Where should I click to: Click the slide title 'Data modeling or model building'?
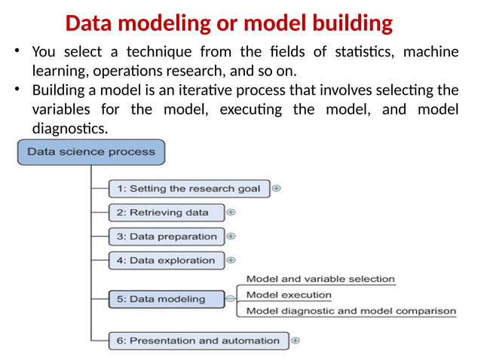[x=228, y=23]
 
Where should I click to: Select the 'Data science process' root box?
[x=90, y=151]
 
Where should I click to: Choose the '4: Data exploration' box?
[x=167, y=261]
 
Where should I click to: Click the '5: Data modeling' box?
[x=167, y=299]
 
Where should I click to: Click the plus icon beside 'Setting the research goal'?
[x=277, y=188]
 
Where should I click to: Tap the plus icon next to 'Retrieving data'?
[x=231, y=212]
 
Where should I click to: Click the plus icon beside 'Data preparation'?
[x=231, y=236]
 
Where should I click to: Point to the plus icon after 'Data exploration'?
[x=231, y=261]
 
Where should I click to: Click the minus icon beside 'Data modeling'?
[x=231, y=299]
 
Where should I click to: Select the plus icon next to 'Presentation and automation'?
[x=295, y=340]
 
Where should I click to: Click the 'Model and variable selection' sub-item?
[x=320, y=279]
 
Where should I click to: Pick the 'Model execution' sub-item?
[x=289, y=295]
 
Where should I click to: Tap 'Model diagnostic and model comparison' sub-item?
[x=351, y=311]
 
